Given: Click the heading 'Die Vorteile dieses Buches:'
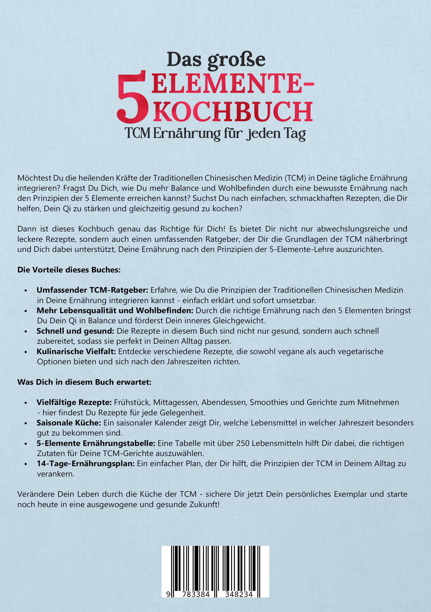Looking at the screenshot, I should pyautogui.click(x=69, y=270).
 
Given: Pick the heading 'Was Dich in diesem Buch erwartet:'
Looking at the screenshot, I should pyautogui.click(x=84, y=382).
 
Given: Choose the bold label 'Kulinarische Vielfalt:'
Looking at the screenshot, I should pyautogui.click(x=76, y=352).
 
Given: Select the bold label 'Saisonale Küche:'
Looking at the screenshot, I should pyautogui.click(x=69, y=423).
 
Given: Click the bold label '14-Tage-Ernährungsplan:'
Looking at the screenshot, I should pyautogui.click(x=86, y=464).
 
